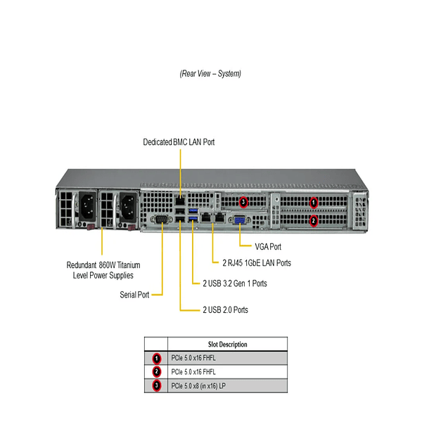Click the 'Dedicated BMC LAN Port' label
point(179,142)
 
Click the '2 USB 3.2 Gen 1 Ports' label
point(234,283)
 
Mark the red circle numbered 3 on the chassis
point(243,203)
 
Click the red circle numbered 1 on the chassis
point(314,203)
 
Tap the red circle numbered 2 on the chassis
point(314,220)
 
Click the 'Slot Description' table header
point(228,345)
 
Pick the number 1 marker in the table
point(156,358)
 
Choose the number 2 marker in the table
point(156,372)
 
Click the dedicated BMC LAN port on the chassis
point(181,203)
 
